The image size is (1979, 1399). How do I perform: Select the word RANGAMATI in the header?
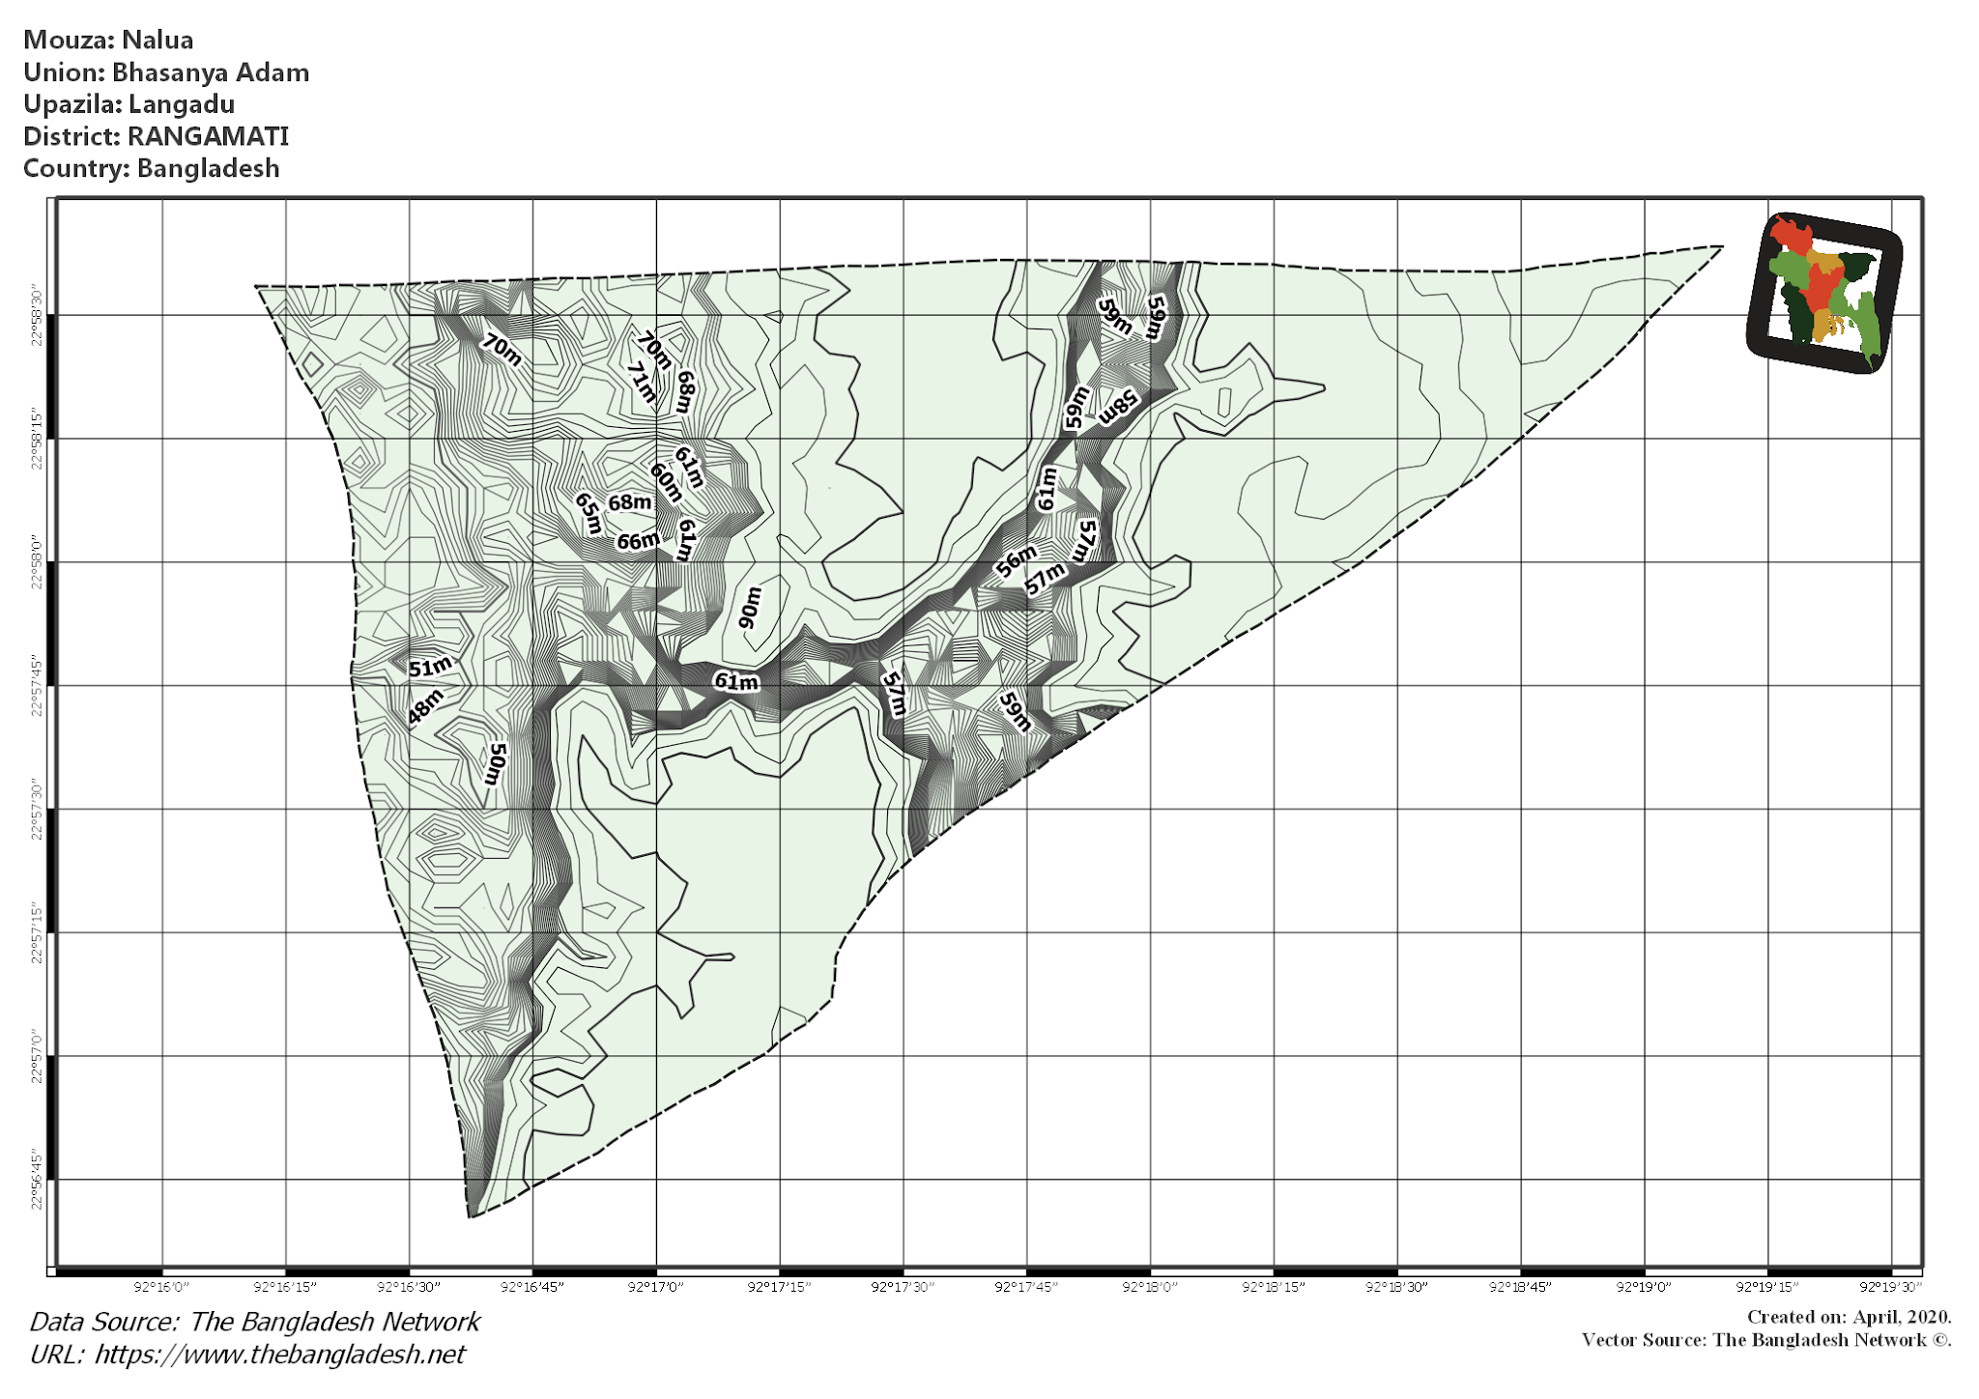tap(208, 136)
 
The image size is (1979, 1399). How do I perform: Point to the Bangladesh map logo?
tap(1824, 293)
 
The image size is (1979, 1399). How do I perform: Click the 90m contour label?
tap(750, 607)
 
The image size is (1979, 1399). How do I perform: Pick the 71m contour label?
tap(641, 383)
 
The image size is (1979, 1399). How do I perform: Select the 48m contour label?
tap(425, 706)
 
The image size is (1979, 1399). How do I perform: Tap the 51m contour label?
tap(430, 667)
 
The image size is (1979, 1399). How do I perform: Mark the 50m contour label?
tap(496, 763)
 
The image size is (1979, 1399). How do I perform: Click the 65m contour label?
tap(588, 513)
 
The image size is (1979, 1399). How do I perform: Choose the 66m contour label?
tap(638, 542)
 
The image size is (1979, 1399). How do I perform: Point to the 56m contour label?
tap(1016, 560)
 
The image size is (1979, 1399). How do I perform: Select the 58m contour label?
tap(1119, 407)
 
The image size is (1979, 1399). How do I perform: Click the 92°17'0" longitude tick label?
tap(656, 1287)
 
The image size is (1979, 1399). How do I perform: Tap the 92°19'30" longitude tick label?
tap(1891, 1287)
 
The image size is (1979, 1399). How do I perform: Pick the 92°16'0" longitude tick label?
tap(161, 1287)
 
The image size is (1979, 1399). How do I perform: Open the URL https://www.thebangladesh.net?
tap(279, 1355)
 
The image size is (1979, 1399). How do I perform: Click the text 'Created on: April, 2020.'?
tap(1849, 1317)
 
